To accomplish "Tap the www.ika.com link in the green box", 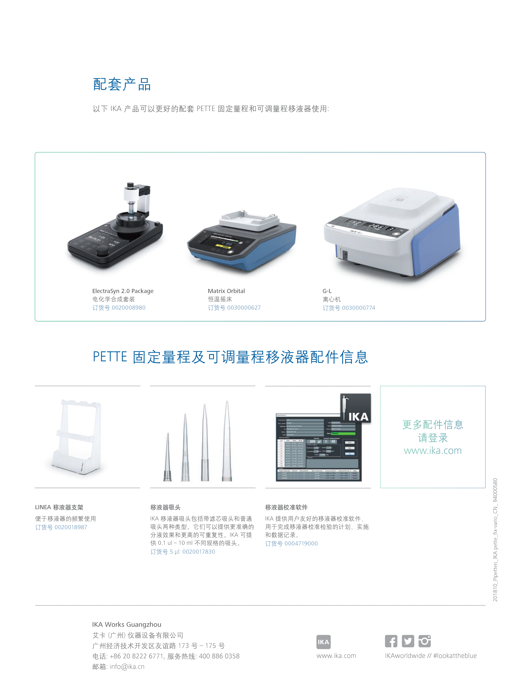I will tap(433, 450).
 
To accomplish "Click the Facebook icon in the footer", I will tap(391, 641).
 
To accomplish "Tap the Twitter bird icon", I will tap(408, 641).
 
